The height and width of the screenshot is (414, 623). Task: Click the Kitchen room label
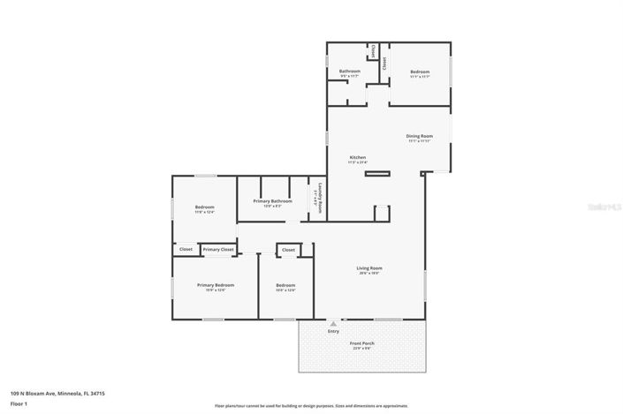(357, 157)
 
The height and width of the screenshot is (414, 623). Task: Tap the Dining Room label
(419, 136)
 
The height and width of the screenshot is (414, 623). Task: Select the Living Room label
(369, 268)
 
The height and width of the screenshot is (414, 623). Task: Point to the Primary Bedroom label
(216, 285)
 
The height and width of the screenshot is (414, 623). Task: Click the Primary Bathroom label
(272, 201)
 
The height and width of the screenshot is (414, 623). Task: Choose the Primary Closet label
(218, 250)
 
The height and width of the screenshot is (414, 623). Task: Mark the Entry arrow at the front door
(333, 322)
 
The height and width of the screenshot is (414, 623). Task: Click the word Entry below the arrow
(333, 331)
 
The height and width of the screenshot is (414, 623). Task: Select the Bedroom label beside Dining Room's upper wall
(419, 72)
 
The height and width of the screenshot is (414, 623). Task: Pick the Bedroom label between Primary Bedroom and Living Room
(285, 285)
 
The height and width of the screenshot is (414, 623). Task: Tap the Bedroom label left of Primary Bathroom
(204, 207)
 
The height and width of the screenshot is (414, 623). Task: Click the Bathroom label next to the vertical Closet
(349, 72)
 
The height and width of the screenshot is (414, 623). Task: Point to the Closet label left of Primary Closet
(186, 250)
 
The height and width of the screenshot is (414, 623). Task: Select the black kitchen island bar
(377, 172)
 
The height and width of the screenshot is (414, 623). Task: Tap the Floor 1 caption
(19, 403)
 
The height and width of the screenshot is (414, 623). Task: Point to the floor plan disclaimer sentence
(311, 406)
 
